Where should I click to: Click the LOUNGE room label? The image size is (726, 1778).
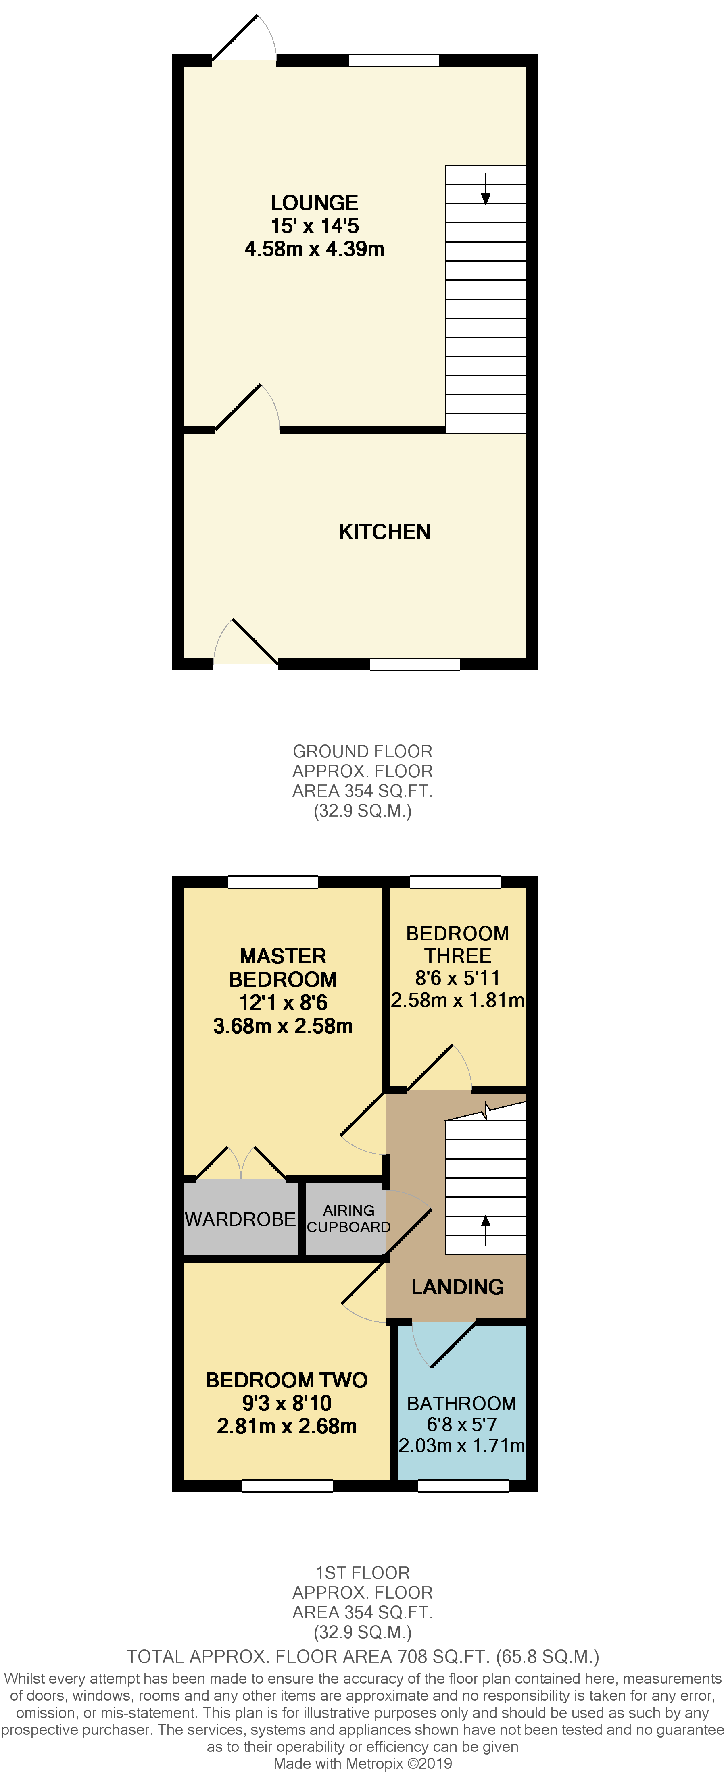coord(314,203)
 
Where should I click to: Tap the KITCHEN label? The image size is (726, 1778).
coord(385,532)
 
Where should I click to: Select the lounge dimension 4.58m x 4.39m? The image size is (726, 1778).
coord(314,249)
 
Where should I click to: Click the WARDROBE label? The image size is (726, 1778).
coord(240,1220)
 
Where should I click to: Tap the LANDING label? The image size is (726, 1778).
coord(457,1287)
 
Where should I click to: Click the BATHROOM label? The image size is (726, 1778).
coord(461,1404)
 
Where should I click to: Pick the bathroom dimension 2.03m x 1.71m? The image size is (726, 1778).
coord(461,1445)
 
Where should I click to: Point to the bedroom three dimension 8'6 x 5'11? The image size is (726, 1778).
coord(457,978)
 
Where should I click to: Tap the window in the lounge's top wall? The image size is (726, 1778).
coord(394,61)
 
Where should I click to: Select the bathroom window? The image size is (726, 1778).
coord(463,1486)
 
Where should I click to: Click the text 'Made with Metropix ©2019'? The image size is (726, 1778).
coord(363,1763)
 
